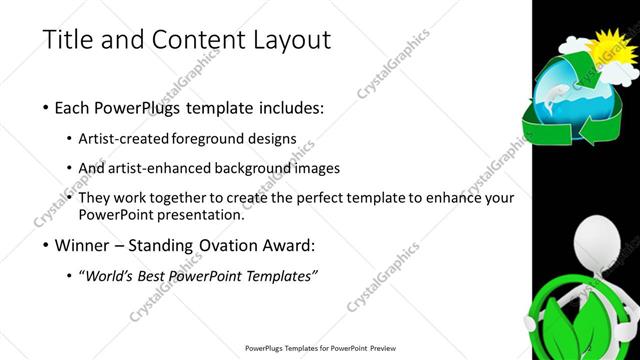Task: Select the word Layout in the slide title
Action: pos(291,41)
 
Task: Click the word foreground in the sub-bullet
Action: pos(214,138)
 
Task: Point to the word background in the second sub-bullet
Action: pos(238,168)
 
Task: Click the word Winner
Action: pos(87,244)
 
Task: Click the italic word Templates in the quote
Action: pos(279,275)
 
